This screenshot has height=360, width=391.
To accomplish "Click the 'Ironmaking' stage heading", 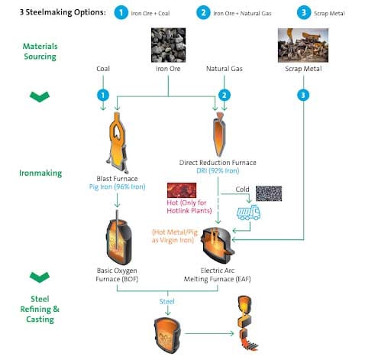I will coord(40,173).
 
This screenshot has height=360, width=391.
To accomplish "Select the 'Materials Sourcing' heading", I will coord(39,50).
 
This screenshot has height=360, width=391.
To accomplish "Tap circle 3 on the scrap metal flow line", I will coord(305,94).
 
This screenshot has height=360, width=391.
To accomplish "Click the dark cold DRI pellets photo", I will coord(268,193).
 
